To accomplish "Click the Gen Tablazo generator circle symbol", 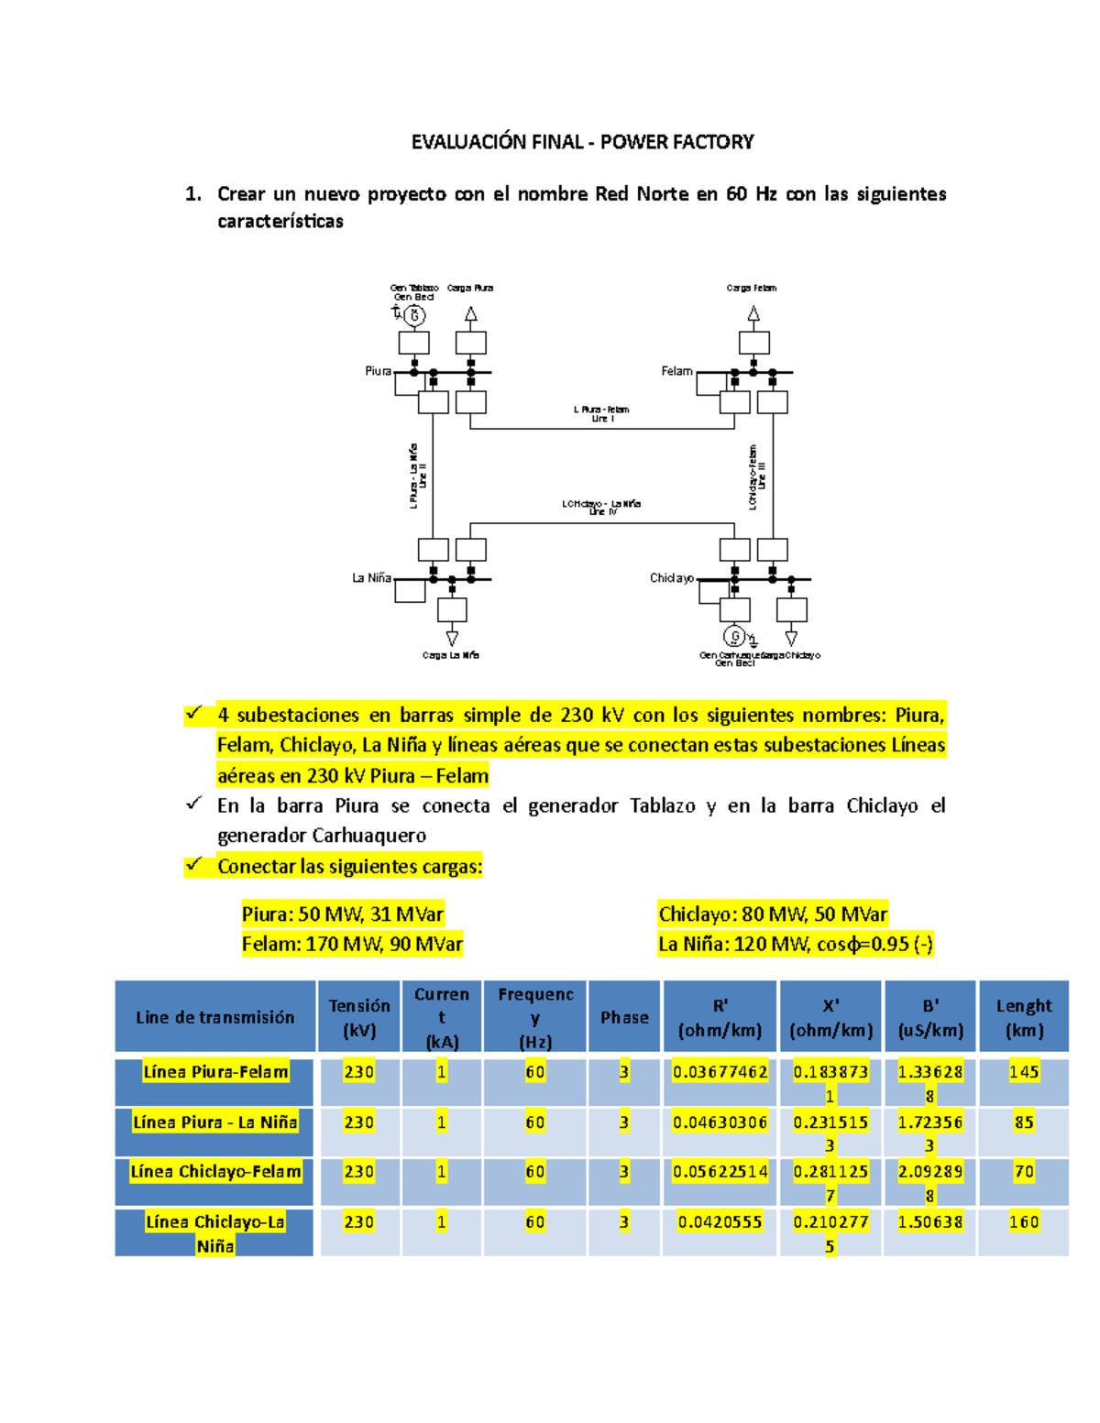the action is pos(414,316).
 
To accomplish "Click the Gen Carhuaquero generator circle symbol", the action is pos(733,635).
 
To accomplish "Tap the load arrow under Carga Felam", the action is pos(753,314).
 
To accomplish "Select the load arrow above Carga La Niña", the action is pos(452,637).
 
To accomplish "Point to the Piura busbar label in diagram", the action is pos(378,371).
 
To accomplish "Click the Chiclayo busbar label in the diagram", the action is pos(672,578).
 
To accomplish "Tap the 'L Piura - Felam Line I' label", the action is pos(601,414).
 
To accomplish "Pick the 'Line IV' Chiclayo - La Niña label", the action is pos(601,508).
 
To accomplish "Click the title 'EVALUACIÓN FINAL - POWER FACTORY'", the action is pos(582,142).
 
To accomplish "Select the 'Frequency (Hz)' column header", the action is pos(535,1017).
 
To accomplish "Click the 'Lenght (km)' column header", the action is pos(1024,1017).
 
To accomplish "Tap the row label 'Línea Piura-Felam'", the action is pos(215,1072).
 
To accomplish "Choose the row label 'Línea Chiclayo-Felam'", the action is pos(215,1171).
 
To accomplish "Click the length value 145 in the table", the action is pos(1024,1072).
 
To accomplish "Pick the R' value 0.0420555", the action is pos(720,1221).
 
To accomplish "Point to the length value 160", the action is pos(1024,1221).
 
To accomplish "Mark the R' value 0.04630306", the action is pos(720,1122).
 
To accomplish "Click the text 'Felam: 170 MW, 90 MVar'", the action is pos(352,944).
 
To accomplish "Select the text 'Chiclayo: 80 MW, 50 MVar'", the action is pos(773,914).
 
